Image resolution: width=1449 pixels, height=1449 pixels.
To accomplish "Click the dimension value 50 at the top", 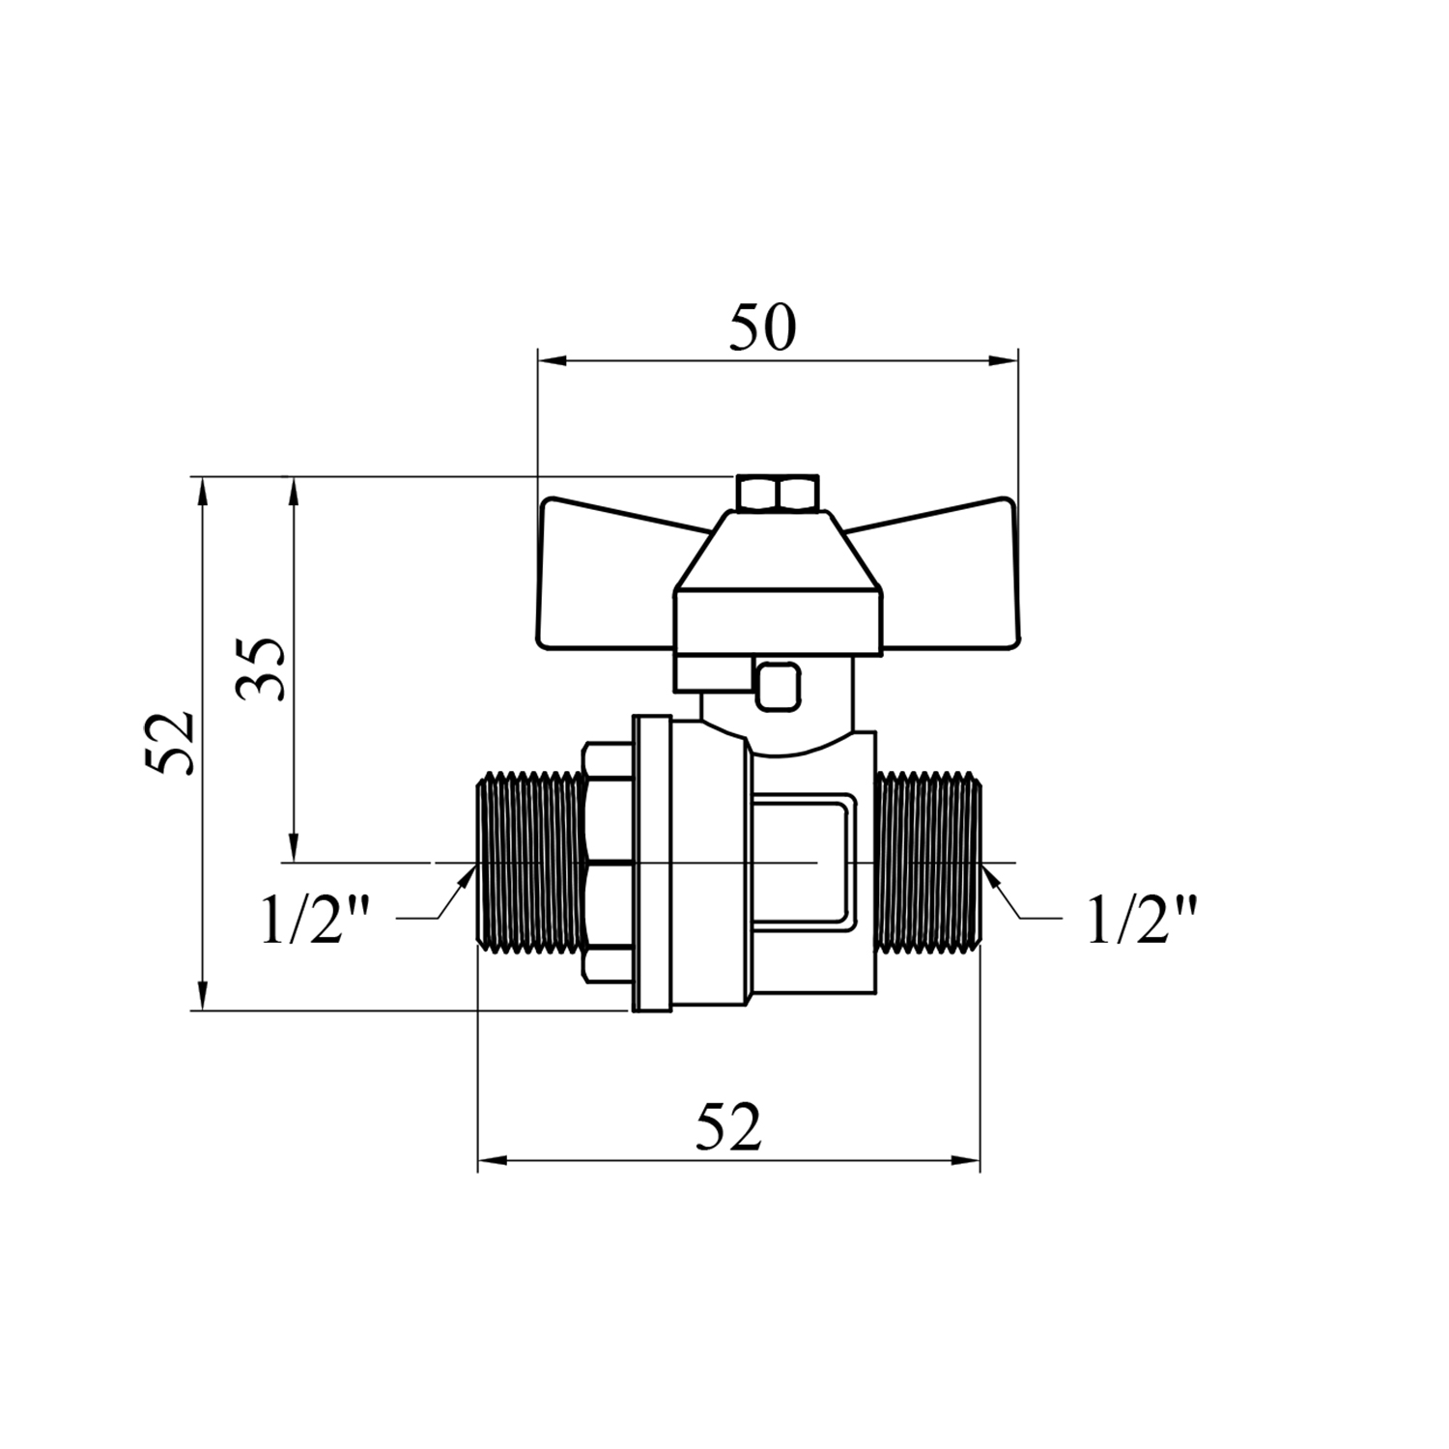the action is [762, 327].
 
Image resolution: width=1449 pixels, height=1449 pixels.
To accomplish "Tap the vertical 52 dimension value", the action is [171, 742].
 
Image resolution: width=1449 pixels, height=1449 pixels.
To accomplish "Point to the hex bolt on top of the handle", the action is [778, 493].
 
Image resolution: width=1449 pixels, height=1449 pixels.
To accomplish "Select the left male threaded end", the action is [531, 862].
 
